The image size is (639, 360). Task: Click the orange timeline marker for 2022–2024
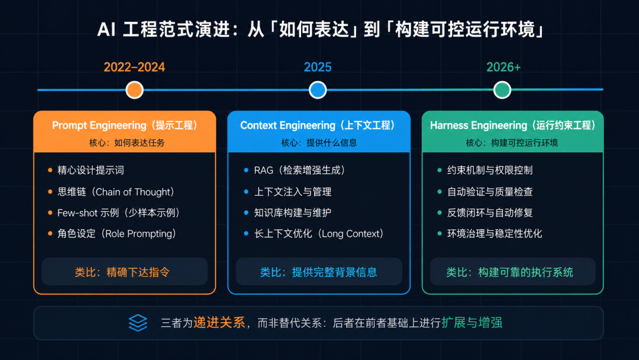pyautogui.click(x=134, y=89)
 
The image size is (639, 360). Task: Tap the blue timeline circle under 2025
pyautogui.click(x=318, y=89)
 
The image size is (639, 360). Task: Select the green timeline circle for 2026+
pyautogui.click(x=502, y=89)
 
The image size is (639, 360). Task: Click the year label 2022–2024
pyautogui.click(x=134, y=67)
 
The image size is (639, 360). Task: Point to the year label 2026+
pyautogui.click(x=504, y=67)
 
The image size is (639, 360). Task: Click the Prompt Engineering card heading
pyautogui.click(x=125, y=125)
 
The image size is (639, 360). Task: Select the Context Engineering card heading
pyautogui.click(x=318, y=125)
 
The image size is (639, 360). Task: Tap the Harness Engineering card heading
pyautogui.click(x=512, y=125)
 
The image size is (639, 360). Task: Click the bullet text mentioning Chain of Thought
pyautogui.click(x=116, y=192)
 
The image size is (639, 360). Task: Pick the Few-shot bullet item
pyautogui.click(x=118, y=213)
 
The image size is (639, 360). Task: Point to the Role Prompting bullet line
pyautogui.click(x=117, y=234)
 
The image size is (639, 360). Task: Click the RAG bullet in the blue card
pyautogui.click(x=300, y=170)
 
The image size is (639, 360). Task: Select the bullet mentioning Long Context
pyautogui.click(x=319, y=234)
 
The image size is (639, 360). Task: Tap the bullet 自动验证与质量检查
pyautogui.click(x=490, y=192)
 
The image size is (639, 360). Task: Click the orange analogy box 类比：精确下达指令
pyautogui.click(x=125, y=272)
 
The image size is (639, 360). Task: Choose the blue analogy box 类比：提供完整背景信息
pyautogui.click(x=319, y=272)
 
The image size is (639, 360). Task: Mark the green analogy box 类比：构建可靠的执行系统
pyautogui.click(x=512, y=272)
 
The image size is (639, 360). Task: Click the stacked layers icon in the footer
pyautogui.click(x=138, y=323)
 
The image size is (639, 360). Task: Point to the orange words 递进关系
pyautogui.click(x=220, y=323)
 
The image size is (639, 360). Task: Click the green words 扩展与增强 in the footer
pyautogui.click(x=472, y=323)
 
